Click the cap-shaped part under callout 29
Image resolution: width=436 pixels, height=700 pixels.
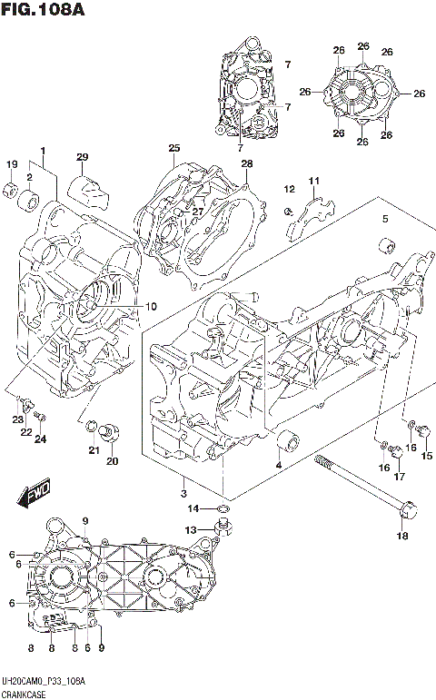[x=87, y=190]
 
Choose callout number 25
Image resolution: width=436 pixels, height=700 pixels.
[x=173, y=148]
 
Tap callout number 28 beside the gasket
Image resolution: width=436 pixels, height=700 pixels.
[x=246, y=163]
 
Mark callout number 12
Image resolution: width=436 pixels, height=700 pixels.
[x=290, y=190]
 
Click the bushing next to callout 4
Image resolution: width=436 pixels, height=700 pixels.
[x=290, y=440]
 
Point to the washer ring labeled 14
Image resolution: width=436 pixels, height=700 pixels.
[x=222, y=508]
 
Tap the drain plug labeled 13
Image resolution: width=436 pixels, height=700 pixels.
[x=223, y=529]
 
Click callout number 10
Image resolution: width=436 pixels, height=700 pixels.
[x=151, y=306]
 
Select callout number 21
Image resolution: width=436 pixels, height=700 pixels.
[x=93, y=450]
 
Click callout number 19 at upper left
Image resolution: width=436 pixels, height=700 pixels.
[x=12, y=164]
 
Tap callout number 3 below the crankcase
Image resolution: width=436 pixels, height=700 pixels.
[x=183, y=493]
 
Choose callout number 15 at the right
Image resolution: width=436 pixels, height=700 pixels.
[x=427, y=456]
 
